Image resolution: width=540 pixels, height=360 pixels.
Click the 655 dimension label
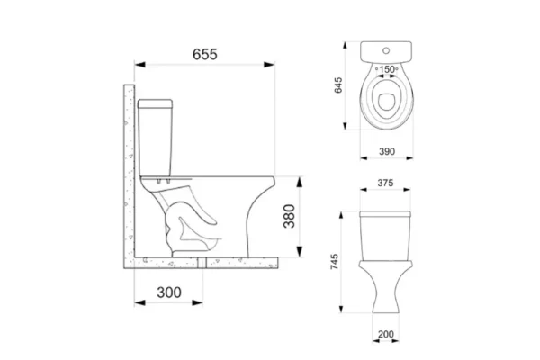point(205,54)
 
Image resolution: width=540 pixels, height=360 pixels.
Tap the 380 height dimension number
point(289,216)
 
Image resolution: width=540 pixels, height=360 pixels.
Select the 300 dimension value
point(169,292)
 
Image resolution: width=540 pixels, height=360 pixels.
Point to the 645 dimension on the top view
point(338,85)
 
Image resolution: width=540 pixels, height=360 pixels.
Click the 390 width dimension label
point(387,151)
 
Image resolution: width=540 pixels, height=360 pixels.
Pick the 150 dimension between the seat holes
point(387,69)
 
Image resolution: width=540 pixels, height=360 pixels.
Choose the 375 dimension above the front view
point(385,183)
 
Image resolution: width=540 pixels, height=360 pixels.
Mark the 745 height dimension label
point(335,262)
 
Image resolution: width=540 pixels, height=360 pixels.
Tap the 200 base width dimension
point(386,334)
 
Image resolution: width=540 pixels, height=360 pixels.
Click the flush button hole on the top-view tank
point(386,50)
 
